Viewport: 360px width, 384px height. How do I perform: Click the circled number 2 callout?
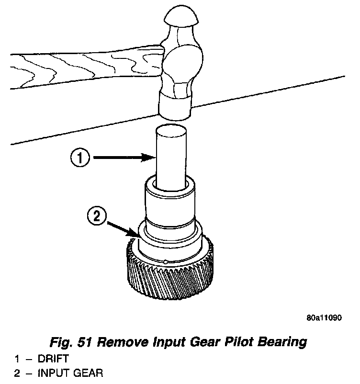96,217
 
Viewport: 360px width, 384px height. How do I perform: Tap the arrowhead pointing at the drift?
151,157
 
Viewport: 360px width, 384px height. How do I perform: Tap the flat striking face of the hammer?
175,108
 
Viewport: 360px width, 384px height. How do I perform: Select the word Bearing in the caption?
283,342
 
